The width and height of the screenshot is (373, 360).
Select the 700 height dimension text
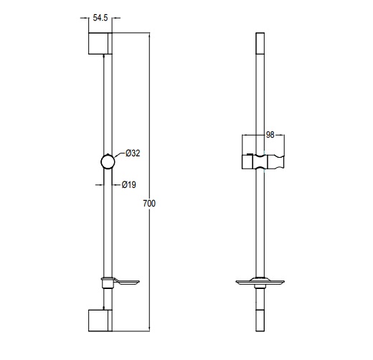click(x=149, y=204)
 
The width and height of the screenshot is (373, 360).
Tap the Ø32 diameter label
click(x=132, y=153)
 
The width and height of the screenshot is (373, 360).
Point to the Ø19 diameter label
click(x=129, y=184)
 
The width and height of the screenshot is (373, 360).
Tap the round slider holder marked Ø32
click(x=108, y=161)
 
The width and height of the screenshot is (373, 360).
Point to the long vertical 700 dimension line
click(x=149, y=129)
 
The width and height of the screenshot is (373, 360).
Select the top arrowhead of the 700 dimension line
click(x=149, y=35)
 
